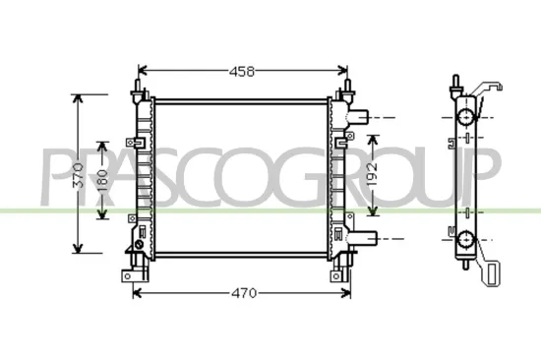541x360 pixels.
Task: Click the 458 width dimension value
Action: (243, 71)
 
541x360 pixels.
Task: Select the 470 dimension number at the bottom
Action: (244, 293)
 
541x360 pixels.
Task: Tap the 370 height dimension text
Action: (79, 174)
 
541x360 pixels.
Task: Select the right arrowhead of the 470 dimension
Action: (349, 293)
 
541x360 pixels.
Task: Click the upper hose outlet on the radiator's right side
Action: (361, 116)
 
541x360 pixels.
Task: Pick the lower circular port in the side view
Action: (463, 238)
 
